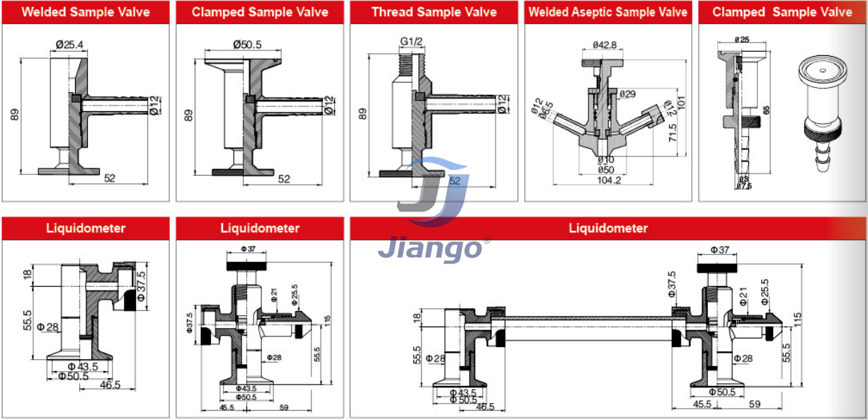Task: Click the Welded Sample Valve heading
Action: (x=86, y=12)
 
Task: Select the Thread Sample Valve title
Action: (x=434, y=12)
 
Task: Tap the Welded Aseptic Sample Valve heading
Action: (x=608, y=12)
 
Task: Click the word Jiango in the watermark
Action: (x=429, y=249)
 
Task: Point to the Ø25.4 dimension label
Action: (x=70, y=45)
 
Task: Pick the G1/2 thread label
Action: (x=411, y=41)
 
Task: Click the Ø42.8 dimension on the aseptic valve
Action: (x=605, y=45)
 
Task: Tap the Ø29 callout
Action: (x=627, y=93)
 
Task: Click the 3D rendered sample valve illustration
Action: (x=821, y=113)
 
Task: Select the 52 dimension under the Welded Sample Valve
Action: (x=110, y=178)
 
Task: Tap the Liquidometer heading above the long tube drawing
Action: (x=608, y=228)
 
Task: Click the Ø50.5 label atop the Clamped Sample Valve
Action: (x=247, y=45)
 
